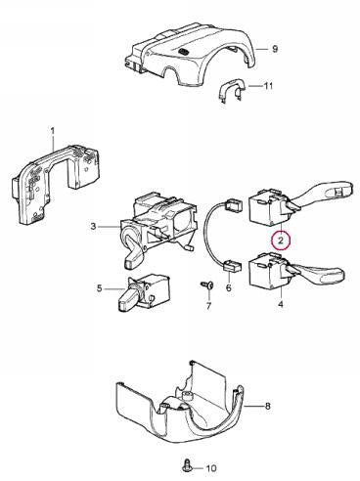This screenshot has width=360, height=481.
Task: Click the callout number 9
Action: click(275, 49)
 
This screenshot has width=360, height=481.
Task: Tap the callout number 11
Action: click(268, 86)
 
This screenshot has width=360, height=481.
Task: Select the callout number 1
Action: click(53, 131)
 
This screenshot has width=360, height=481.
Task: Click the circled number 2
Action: click(281, 240)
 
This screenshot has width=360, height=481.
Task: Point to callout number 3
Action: click(93, 226)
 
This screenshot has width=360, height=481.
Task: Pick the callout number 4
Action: click(281, 304)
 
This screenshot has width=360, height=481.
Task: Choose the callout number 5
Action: click(100, 288)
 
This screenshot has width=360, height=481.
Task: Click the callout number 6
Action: click(228, 287)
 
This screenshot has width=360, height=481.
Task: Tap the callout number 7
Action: click(208, 306)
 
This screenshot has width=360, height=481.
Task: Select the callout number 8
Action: click(268, 406)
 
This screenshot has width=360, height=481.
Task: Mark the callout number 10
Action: click(211, 468)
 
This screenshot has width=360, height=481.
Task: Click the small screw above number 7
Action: click(207, 285)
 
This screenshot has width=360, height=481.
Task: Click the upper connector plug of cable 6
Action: click(234, 205)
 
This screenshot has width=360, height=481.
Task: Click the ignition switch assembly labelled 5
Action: click(144, 292)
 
